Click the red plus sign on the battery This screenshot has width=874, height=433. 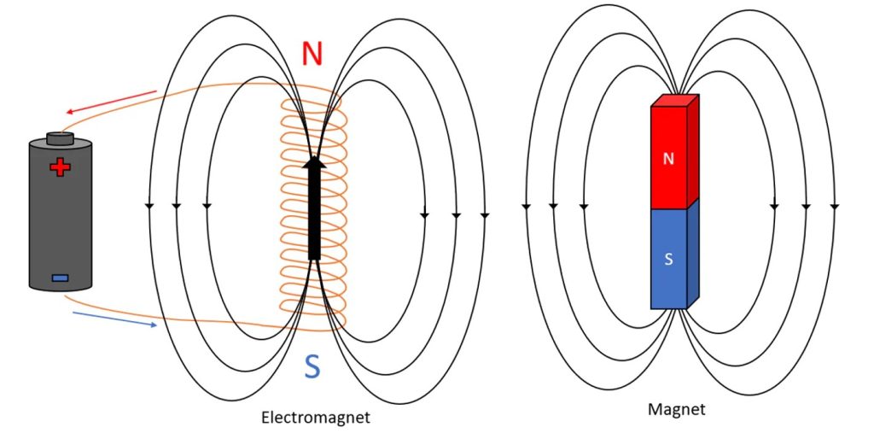(60, 167)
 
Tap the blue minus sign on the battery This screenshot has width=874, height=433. (60, 277)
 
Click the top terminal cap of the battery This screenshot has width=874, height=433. (60, 137)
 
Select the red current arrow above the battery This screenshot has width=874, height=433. (110, 102)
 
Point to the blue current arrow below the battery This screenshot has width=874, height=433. (115, 319)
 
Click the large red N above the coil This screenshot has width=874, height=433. (313, 53)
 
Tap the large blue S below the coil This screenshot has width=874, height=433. (312, 366)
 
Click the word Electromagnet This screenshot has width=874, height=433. (316, 418)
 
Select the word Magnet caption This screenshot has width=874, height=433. (677, 410)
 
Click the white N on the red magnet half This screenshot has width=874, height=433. (669, 159)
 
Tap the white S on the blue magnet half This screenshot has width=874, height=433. (669, 259)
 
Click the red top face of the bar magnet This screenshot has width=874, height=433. (675, 101)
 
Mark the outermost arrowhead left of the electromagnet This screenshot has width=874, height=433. (149, 207)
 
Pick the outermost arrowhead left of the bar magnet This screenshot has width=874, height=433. (525, 207)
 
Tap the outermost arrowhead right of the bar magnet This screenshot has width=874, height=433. (834, 207)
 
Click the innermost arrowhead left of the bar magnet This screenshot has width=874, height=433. (582, 207)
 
